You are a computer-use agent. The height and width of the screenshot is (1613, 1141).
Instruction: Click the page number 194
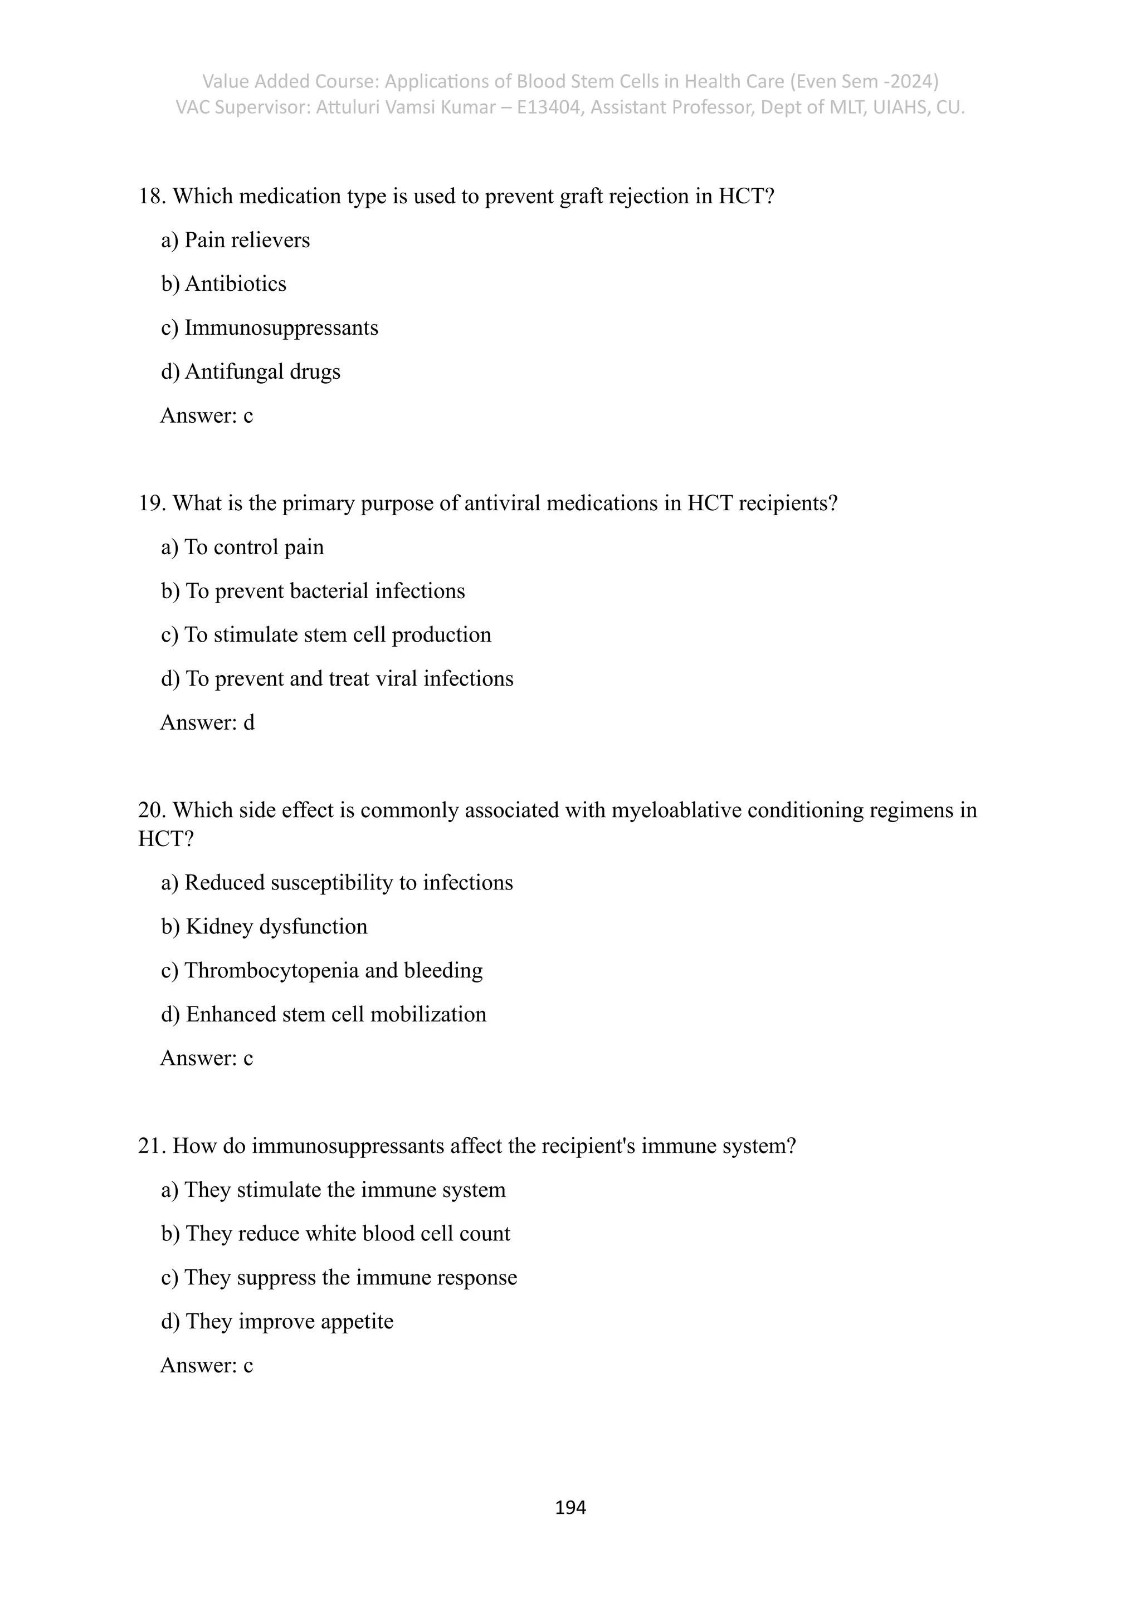coord(570,1508)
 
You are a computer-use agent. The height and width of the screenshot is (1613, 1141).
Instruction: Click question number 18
coord(151,197)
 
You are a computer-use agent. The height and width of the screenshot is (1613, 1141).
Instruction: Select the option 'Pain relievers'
coord(246,240)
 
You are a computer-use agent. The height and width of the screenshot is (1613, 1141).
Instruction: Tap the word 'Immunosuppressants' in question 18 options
coord(281,328)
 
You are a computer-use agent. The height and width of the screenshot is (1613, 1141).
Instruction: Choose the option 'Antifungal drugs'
coord(262,372)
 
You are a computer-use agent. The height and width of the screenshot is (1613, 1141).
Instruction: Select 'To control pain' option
coord(253,548)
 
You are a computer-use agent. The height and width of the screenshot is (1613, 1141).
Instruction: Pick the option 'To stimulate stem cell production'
coord(337,635)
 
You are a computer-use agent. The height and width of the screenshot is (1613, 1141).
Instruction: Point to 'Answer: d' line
coord(207,723)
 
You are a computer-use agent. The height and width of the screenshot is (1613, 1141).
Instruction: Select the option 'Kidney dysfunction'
coord(275,927)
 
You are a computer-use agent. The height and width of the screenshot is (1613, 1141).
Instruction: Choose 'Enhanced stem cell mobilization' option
coord(335,1014)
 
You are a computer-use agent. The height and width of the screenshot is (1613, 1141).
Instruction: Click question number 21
coord(151,1146)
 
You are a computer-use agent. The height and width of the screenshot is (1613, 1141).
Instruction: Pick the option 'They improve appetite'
coord(289,1322)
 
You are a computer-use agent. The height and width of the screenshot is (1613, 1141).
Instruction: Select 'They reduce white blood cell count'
coord(347,1234)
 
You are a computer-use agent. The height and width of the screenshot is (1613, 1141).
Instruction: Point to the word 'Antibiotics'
coord(235,284)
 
